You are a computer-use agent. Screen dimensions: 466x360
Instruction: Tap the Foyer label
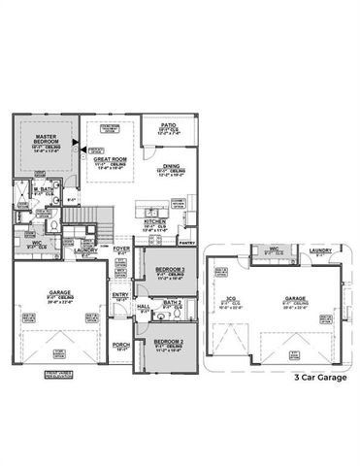tap(121, 249)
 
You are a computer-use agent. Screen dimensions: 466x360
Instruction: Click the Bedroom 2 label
tap(169, 342)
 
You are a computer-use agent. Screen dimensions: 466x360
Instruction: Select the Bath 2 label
tap(173, 303)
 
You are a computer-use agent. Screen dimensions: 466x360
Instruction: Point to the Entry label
tap(120, 295)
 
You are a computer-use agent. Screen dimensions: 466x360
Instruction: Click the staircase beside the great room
tap(90, 217)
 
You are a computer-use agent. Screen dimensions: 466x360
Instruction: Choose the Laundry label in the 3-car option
tap(321, 250)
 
